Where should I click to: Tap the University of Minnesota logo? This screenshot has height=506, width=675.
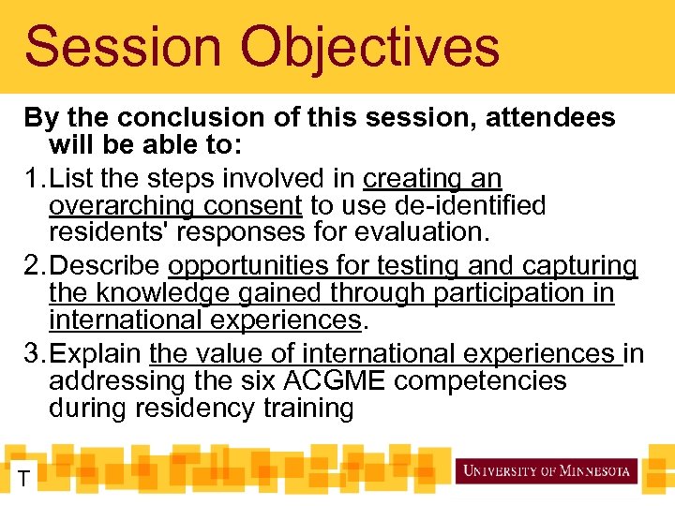coord(547,470)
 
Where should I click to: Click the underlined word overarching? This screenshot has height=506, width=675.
coord(122,205)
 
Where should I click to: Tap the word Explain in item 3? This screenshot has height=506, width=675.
coord(97,354)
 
